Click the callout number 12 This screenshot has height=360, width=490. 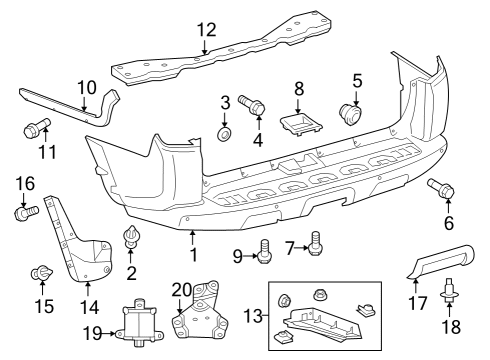pyautogui.click(x=206, y=29)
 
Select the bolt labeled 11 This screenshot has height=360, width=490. pyautogui.click(x=32, y=129)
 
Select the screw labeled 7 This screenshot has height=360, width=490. pyautogui.click(x=316, y=240)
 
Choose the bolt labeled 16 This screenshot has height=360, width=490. pyautogui.click(x=27, y=211)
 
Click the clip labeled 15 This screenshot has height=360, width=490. pyautogui.click(x=42, y=271)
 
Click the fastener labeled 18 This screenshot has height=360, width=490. pyautogui.click(x=448, y=292)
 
